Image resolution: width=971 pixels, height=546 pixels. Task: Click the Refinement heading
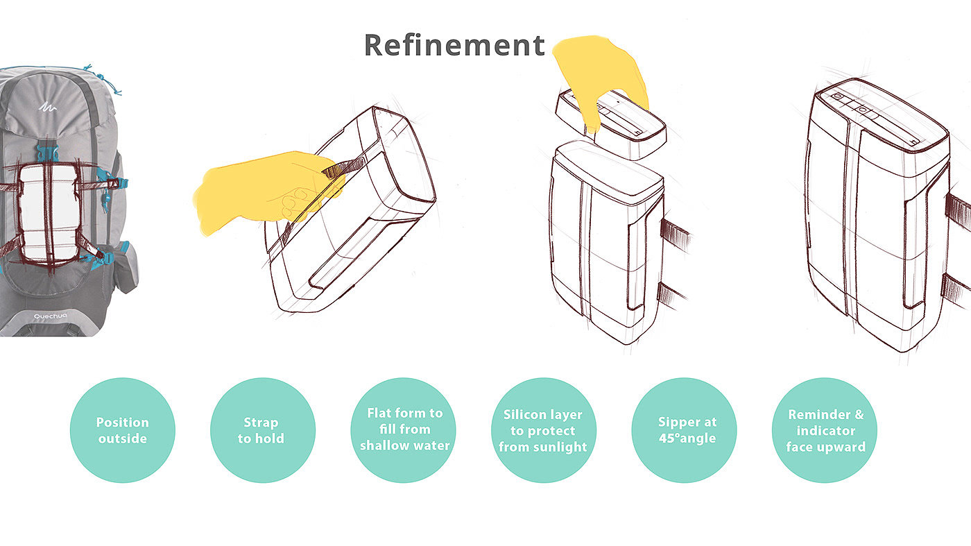pyautogui.click(x=454, y=45)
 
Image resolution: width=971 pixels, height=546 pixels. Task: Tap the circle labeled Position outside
pyautogui.click(x=123, y=430)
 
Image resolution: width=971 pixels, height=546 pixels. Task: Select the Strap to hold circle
pyautogui.click(x=263, y=430)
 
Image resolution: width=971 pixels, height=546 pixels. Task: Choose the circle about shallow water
pyautogui.click(x=403, y=430)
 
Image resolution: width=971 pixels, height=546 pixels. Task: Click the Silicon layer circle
pyautogui.click(x=544, y=430)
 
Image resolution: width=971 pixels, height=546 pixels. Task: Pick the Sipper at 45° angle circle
pyautogui.click(x=685, y=430)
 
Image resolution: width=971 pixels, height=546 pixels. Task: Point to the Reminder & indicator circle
pyautogui.click(x=825, y=430)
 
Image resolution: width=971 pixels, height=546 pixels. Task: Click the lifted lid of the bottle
pyautogui.click(x=611, y=123)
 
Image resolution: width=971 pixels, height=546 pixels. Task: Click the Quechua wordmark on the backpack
pyautogui.click(x=50, y=316)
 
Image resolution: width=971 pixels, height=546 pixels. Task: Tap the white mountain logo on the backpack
pyautogui.click(x=47, y=107)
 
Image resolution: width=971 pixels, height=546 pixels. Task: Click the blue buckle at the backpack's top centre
pyautogui.click(x=48, y=153)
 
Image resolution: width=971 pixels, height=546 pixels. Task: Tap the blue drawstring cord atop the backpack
pyautogui.click(x=103, y=79)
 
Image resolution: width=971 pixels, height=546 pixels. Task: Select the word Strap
pyautogui.click(x=261, y=422)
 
